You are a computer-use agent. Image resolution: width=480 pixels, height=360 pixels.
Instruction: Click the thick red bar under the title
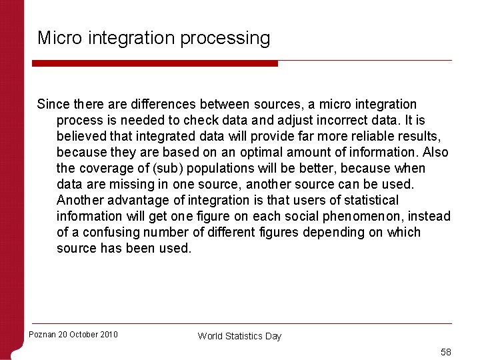[x=155, y=63]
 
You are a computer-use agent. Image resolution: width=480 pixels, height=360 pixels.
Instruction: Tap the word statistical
[x=368, y=201]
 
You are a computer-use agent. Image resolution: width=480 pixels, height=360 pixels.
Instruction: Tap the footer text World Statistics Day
[x=239, y=336]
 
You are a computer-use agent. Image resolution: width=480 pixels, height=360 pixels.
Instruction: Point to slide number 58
[x=445, y=351]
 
